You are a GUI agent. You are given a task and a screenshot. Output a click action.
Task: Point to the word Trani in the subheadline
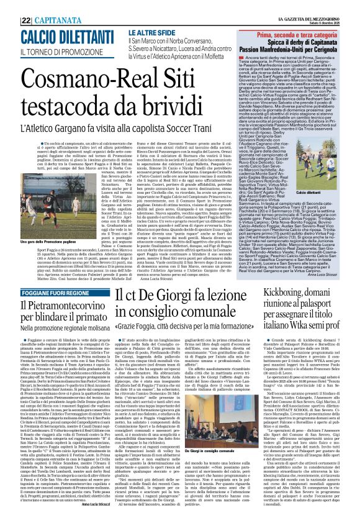pos(220,115)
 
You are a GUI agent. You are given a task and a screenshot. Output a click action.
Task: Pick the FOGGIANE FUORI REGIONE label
pos(48,293)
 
